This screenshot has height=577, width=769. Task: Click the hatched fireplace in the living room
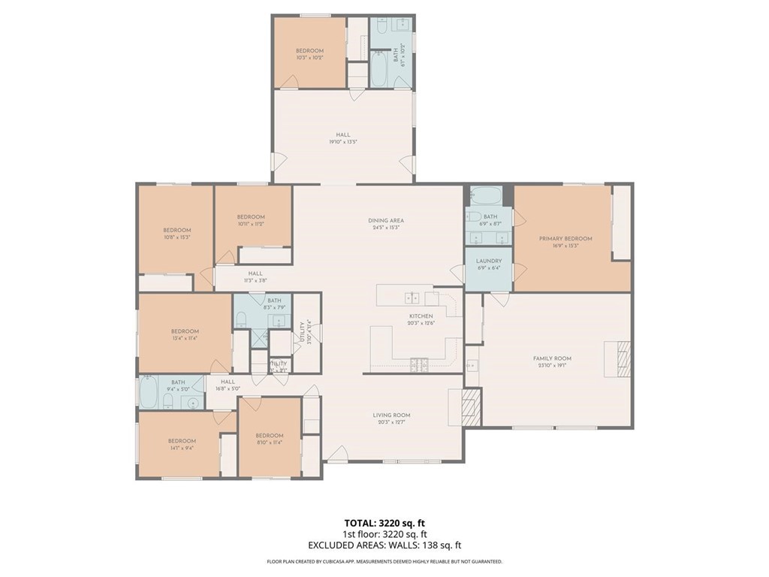[470, 407]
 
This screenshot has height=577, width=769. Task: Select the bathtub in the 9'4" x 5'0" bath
[148, 392]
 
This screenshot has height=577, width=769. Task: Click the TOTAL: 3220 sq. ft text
[384, 523]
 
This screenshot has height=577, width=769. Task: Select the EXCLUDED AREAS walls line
[384, 545]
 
